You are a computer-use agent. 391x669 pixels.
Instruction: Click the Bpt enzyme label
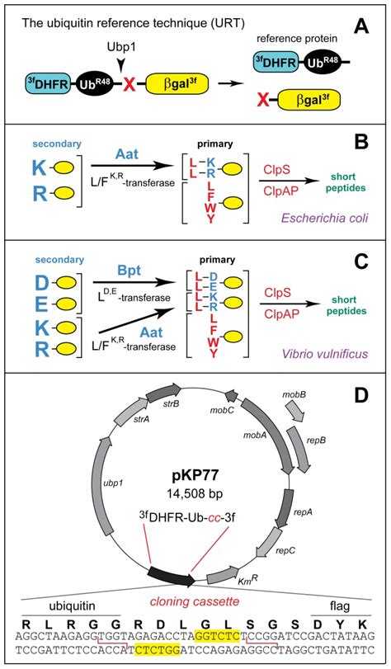pos(129,271)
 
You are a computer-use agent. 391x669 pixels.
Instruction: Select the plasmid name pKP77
pos(195,476)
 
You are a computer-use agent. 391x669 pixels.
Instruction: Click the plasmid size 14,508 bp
pos(195,493)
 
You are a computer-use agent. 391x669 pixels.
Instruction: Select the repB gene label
pos(317,439)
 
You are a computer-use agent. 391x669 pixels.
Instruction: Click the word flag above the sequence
pos(341,605)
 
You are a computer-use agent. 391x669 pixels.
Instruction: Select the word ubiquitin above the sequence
pos(71,606)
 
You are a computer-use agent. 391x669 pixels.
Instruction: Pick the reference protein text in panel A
pos(297,39)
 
